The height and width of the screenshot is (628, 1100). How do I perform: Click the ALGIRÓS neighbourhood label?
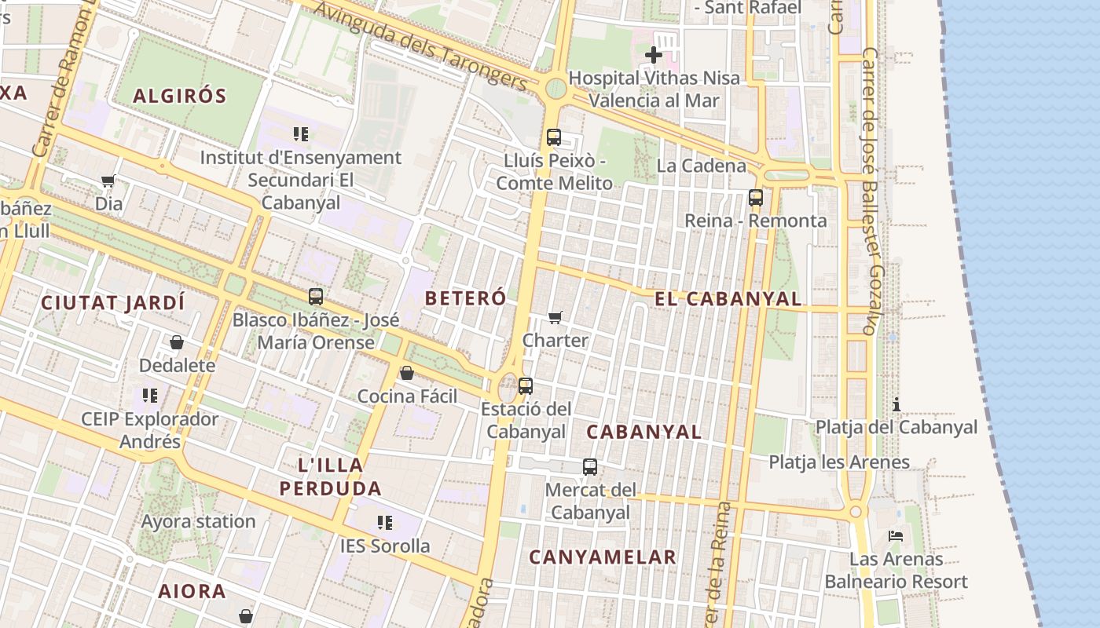pos(179,97)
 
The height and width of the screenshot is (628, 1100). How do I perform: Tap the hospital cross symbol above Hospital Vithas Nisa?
pos(653,55)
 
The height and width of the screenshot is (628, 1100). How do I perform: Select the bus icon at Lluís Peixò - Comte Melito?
pos(553,137)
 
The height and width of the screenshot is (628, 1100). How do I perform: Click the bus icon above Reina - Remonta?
pos(756,198)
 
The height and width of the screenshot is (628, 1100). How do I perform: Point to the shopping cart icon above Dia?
pos(108,181)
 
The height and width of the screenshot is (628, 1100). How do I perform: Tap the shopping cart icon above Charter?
pos(555,317)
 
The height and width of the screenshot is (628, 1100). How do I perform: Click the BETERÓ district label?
pos(466,298)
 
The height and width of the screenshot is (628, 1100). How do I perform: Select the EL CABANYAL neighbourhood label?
pos(728,299)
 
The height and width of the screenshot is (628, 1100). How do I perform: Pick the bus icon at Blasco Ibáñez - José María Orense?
pos(316,297)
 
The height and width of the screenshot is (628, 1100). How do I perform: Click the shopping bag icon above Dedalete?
pos(177,342)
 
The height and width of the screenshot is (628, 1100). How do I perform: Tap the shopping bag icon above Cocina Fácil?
pos(406,373)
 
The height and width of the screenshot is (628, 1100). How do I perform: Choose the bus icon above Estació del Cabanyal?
pos(526,386)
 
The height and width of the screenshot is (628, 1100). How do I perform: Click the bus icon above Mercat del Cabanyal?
pos(590,467)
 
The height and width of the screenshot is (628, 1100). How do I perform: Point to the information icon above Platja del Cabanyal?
pos(896,404)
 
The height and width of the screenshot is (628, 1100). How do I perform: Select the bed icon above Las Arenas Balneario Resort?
pos(896,536)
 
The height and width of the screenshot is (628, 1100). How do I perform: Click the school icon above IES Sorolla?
pos(385,522)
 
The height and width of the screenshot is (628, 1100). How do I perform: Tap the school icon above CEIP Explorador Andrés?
pos(149,395)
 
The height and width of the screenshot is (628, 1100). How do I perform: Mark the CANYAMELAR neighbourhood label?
pos(603,557)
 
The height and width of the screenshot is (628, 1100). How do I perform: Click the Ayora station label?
pos(198,521)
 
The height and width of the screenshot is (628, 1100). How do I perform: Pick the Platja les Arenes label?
pos(839,462)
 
